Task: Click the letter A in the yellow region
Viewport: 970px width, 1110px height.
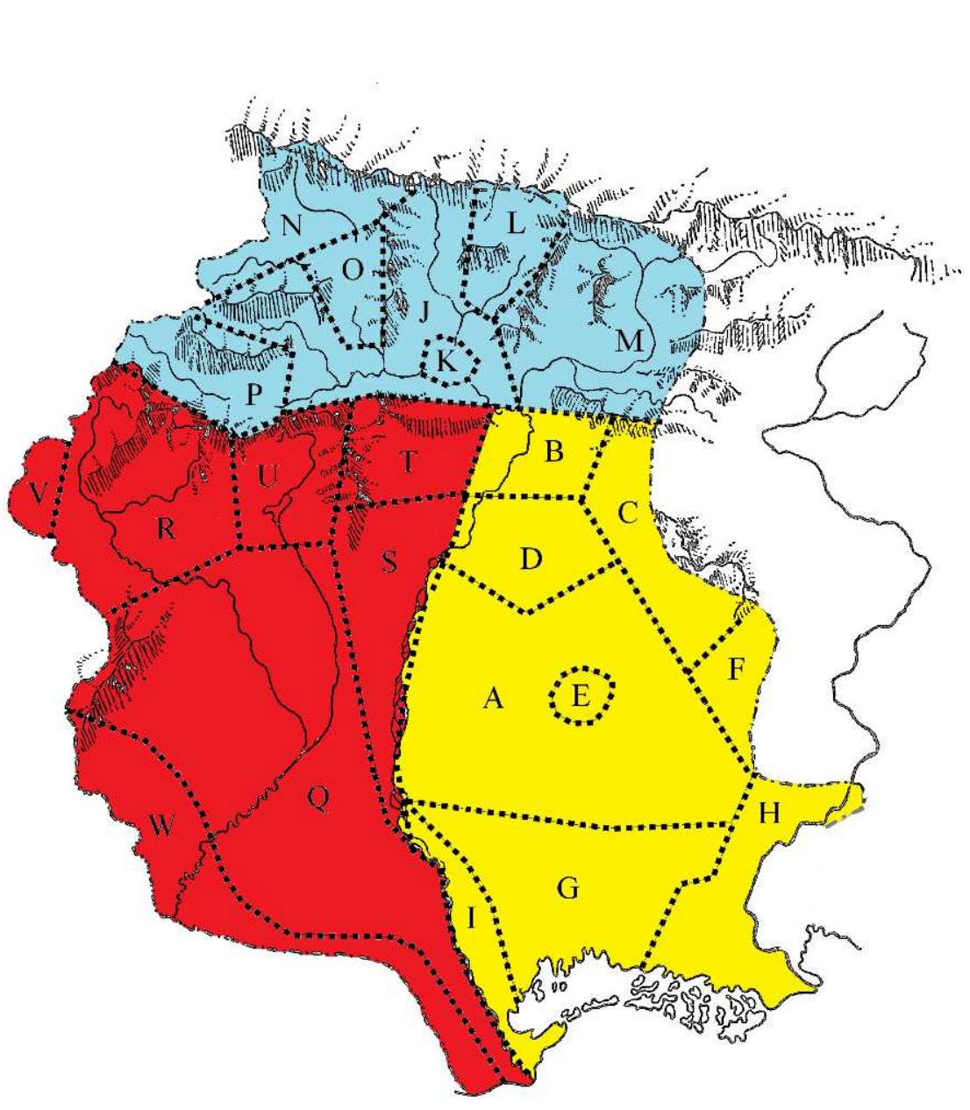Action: [494, 699]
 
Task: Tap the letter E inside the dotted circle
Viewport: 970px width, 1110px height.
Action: [579, 697]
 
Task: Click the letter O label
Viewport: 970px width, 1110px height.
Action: [351, 271]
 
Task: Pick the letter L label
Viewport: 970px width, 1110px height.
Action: [517, 224]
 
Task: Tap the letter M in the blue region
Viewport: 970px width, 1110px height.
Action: [629, 341]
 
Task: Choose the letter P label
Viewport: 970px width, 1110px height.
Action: [253, 394]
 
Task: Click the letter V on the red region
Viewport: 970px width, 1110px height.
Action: [37, 495]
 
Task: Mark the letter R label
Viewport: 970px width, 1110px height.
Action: [167, 528]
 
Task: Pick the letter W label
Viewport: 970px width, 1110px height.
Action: [160, 825]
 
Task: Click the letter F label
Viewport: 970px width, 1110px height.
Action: [736, 672]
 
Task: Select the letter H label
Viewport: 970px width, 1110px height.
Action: [769, 814]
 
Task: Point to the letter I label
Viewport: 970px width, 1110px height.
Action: [471, 919]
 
